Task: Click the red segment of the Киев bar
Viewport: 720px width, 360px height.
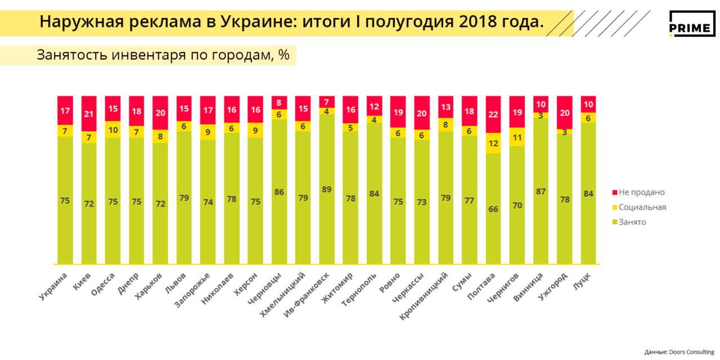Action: tap(89, 114)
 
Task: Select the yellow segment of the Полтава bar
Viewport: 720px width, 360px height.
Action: tap(493, 143)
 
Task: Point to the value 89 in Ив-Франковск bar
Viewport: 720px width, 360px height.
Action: tap(326, 189)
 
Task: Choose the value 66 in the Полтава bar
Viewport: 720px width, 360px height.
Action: tap(493, 209)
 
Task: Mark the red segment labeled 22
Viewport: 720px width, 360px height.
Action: tap(493, 114)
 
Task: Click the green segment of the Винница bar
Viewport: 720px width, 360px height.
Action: tap(541, 191)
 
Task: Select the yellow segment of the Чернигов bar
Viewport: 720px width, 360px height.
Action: tap(517, 137)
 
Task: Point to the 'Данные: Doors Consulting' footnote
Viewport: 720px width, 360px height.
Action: tap(679, 352)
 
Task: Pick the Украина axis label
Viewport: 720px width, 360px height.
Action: tap(54, 285)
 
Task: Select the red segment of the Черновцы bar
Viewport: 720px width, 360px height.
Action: tap(279, 102)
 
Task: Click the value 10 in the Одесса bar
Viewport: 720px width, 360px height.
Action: tap(112, 130)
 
